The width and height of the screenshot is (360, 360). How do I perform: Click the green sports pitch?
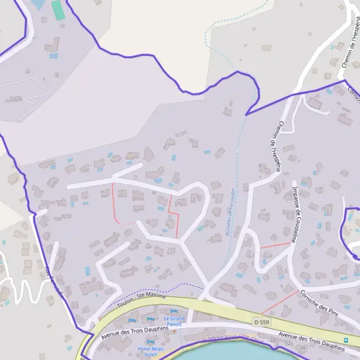tap(57, 10)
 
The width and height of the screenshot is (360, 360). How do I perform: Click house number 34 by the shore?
tap(302, 347)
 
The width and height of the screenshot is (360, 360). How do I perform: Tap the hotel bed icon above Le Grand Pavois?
tap(175, 311)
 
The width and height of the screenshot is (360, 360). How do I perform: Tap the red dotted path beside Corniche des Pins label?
tap(280, 302)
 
